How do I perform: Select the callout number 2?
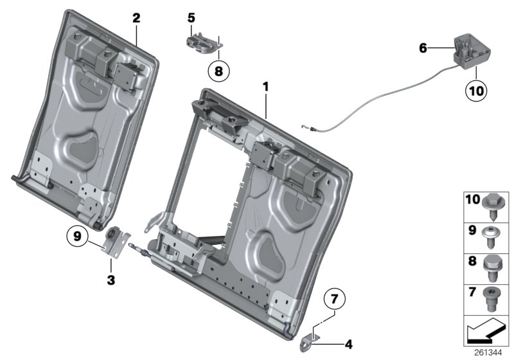click(136, 18)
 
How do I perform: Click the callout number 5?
click(191, 17)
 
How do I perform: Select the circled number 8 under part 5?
click(218, 72)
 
